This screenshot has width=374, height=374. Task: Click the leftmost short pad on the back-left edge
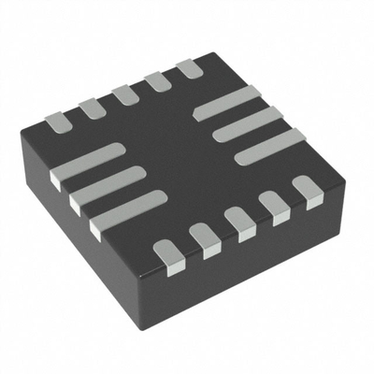click(57, 120)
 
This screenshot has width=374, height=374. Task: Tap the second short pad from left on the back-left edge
click(92, 108)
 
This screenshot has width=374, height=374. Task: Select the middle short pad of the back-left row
click(124, 94)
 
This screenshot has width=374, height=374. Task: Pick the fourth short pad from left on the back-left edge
click(157, 81)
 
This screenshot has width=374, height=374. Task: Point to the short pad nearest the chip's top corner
click(190, 68)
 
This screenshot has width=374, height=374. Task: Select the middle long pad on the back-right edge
click(247, 123)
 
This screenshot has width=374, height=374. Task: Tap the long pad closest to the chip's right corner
click(269, 145)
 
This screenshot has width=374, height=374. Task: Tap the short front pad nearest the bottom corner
click(167, 255)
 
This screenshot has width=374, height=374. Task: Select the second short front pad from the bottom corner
click(203, 239)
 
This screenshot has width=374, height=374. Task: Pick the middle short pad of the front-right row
click(238, 224)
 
